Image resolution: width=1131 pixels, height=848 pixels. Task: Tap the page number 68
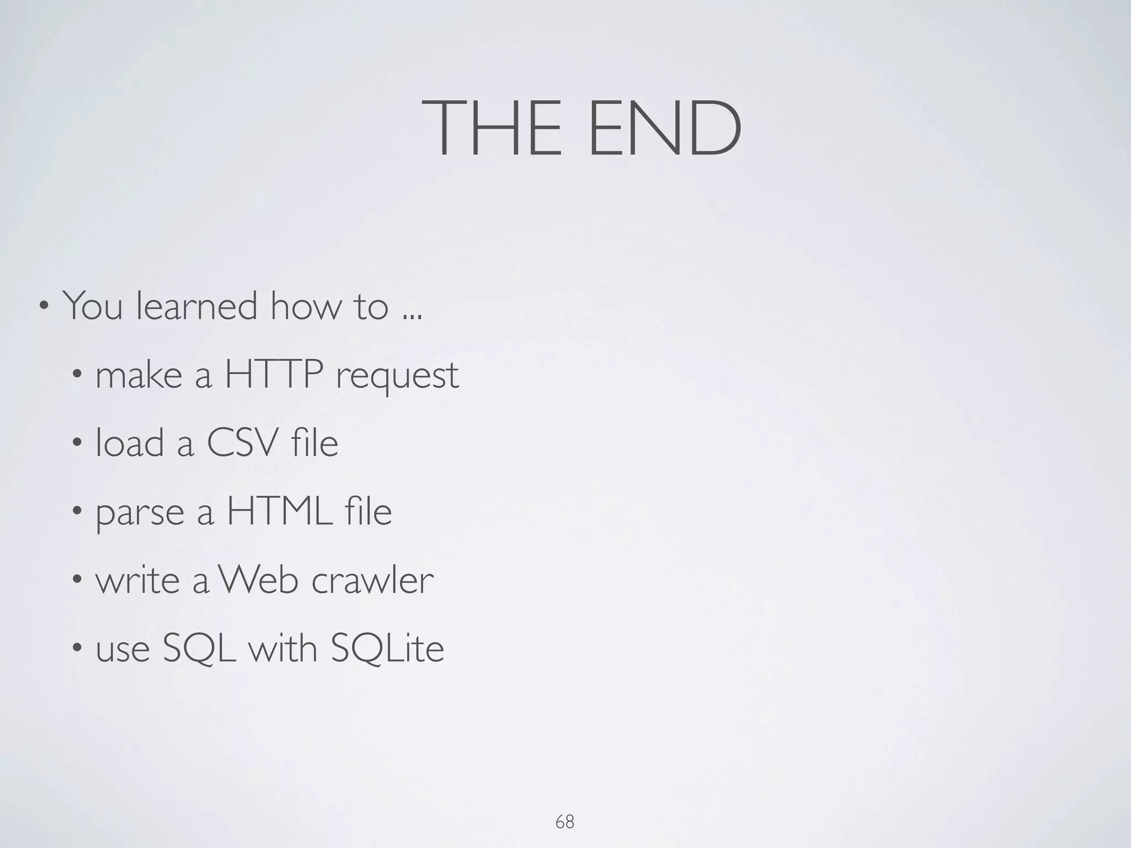point(564,822)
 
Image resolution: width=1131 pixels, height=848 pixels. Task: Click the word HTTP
point(274,374)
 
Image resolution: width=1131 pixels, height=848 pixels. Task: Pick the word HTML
point(279,511)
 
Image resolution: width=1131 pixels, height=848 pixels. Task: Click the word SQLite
point(387,649)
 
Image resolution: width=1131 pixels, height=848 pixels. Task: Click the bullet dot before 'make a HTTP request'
point(77,374)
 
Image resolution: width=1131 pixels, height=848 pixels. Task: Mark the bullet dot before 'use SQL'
point(77,648)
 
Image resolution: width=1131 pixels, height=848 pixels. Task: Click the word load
point(130,443)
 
